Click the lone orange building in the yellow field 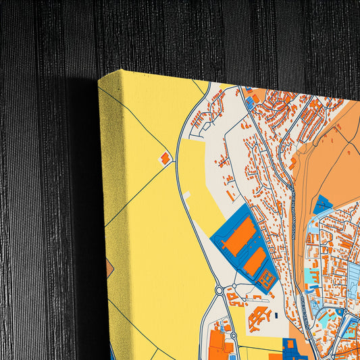(x=165, y=157)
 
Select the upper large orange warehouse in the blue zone (x=239, y=236)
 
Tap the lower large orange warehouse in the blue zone (x=255, y=261)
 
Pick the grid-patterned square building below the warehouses (x=267, y=278)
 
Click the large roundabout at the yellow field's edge (x=220, y=291)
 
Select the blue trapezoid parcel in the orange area (x=323, y=205)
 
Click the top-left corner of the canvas (x=99, y=78)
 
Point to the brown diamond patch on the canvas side (x=109, y=269)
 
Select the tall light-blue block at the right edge (x=353, y=277)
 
